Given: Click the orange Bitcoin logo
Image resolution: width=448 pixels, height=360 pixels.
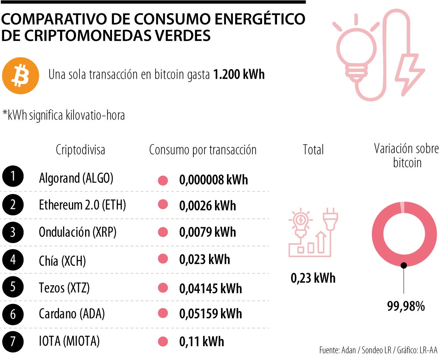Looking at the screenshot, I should [x=21, y=76].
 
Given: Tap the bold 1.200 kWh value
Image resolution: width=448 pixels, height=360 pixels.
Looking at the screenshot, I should [x=239, y=75].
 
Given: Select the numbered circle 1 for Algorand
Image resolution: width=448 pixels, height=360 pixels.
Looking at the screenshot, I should [x=13, y=177].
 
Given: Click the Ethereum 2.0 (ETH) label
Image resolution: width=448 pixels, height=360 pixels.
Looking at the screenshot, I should [x=83, y=205].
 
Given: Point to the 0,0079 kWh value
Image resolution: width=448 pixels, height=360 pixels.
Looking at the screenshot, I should [x=208, y=232].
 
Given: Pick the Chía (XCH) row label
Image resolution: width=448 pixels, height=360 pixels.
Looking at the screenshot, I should [x=62, y=260].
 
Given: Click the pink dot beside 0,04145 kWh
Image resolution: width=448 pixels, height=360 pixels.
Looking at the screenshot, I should [x=163, y=288].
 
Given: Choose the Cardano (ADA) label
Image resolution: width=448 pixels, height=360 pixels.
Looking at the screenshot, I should [x=72, y=314].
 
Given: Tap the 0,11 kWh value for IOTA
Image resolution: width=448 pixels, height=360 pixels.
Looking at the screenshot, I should [x=202, y=341].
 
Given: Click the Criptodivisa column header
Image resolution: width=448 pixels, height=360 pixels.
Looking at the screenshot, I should [x=80, y=150].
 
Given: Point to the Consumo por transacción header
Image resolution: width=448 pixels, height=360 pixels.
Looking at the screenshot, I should [x=203, y=150].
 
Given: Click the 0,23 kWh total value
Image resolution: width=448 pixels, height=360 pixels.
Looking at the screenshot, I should [x=313, y=278].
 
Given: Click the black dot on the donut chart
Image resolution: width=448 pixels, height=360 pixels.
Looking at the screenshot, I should [x=404, y=265].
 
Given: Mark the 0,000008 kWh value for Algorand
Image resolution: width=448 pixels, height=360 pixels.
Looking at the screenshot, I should [x=214, y=180].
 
